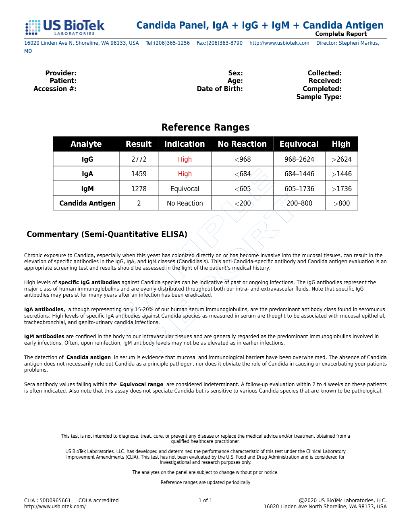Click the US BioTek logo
[x=65, y=27]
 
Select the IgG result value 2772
[x=139, y=159]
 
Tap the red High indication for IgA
[x=185, y=174]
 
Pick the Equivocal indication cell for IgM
[x=185, y=189]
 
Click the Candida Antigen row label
[x=87, y=203]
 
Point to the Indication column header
[x=185, y=144]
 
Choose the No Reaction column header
[x=242, y=144]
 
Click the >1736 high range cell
[x=341, y=189]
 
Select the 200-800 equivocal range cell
[x=299, y=203]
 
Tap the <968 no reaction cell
[x=243, y=159]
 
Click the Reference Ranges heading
[x=205, y=127]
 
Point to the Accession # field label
[x=55, y=89]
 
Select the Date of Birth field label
[x=220, y=89]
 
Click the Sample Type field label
[x=319, y=97]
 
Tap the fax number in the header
[x=220, y=43]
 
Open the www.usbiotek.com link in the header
[x=279, y=43]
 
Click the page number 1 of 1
[x=205, y=501]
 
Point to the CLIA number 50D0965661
[x=55, y=501]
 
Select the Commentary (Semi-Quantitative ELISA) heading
[x=107, y=234]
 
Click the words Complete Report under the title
[x=341, y=34]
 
